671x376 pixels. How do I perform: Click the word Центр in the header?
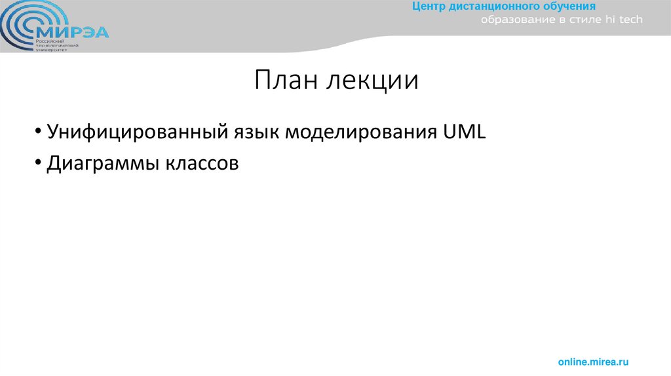(x=429, y=7)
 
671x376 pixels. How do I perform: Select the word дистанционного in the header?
(x=489, y=7)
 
